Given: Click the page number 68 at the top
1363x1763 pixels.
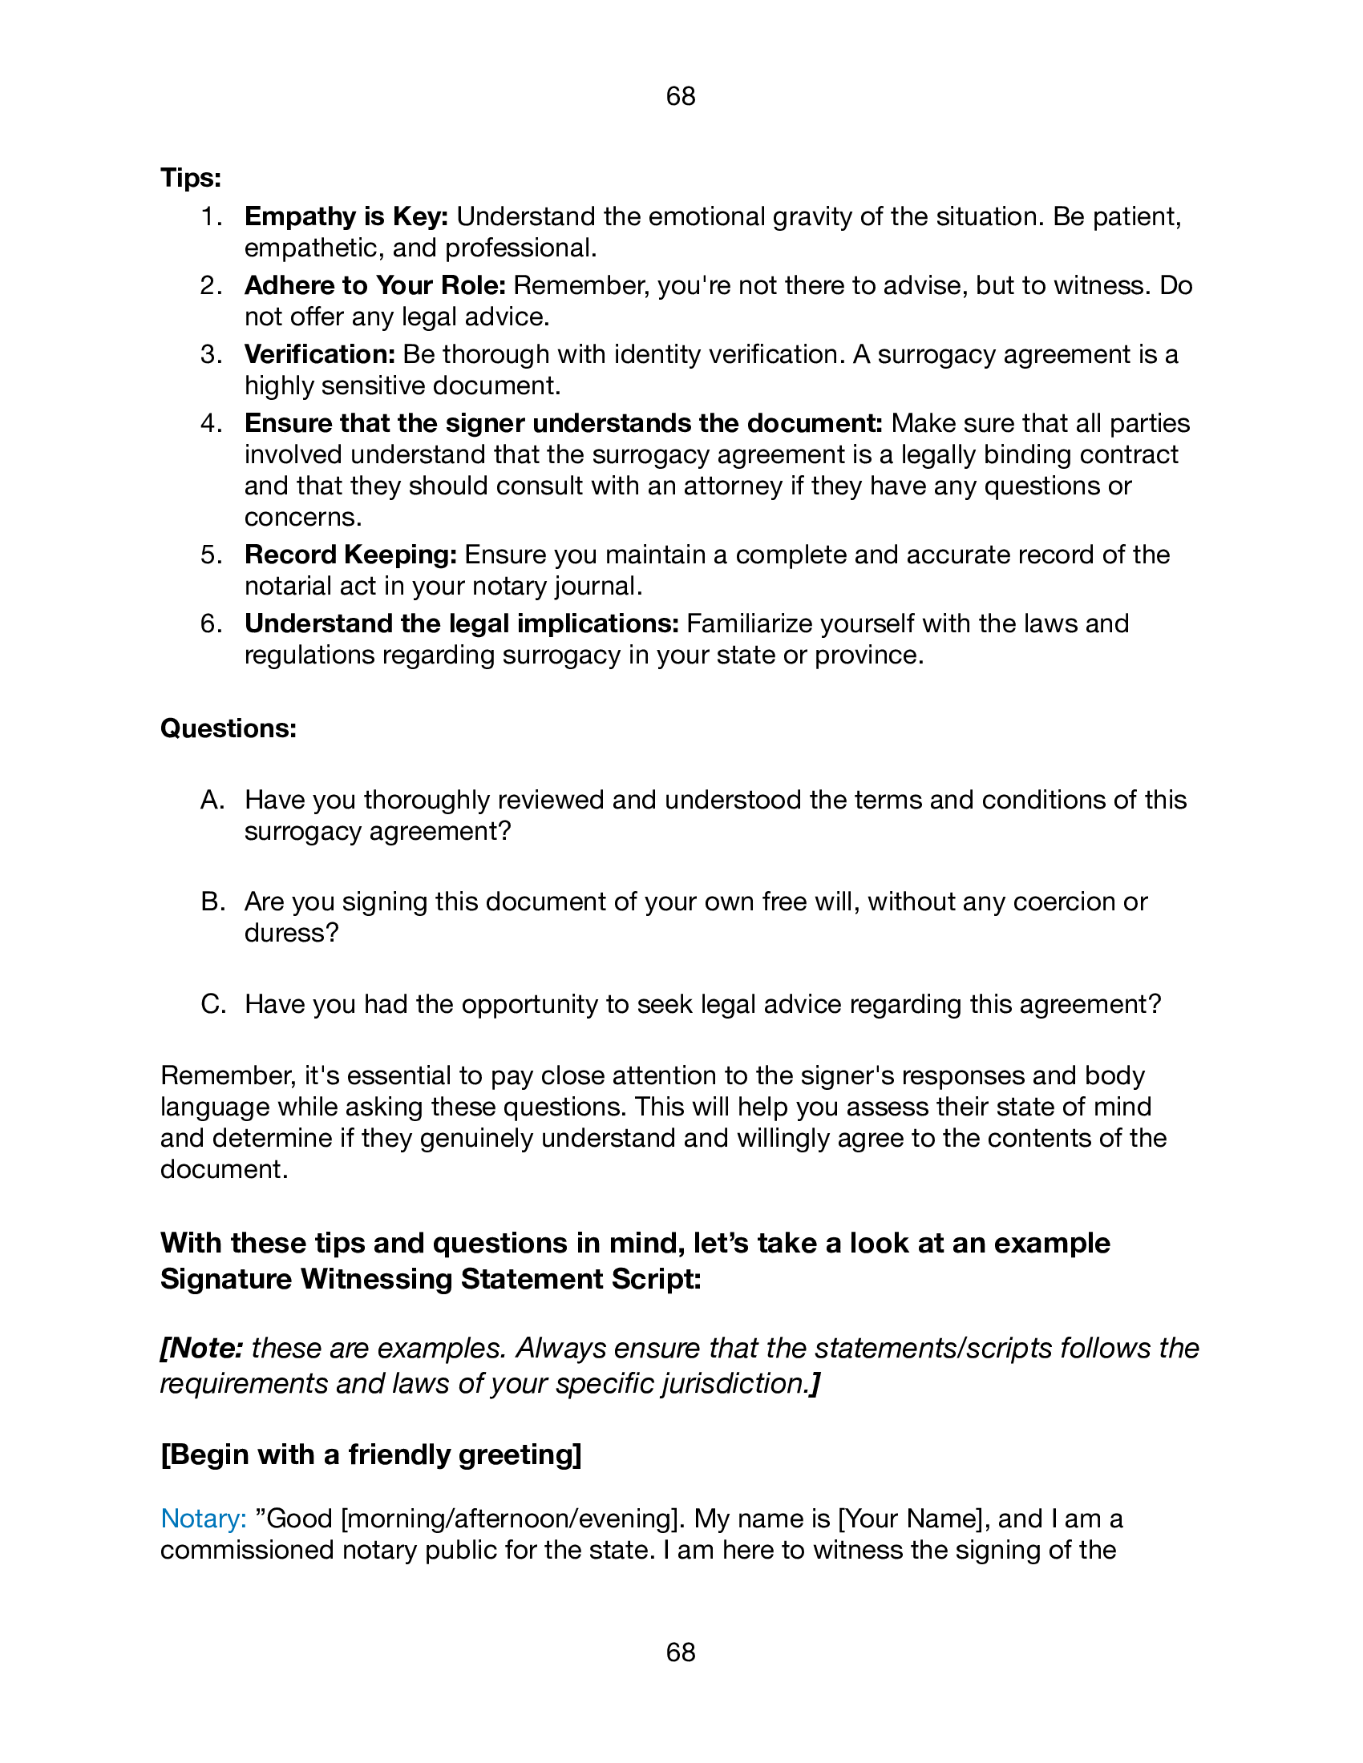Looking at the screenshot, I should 681,96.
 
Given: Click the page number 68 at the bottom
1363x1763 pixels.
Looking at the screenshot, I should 681,1652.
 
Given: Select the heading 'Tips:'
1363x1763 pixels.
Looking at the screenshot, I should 191,178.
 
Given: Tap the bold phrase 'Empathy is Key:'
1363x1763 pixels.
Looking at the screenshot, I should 346,216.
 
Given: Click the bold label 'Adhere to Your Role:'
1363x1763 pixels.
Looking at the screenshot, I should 375,286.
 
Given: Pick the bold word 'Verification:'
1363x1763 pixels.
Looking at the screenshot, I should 320,354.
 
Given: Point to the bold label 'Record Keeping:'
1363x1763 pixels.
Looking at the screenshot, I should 351,555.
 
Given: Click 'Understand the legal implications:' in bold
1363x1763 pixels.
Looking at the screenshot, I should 462,624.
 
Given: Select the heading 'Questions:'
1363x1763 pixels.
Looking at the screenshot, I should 229,729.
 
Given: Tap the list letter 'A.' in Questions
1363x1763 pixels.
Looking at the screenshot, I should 212,800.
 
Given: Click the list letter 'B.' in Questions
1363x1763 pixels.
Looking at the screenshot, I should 212,902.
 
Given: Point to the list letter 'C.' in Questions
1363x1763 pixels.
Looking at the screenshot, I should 213,1004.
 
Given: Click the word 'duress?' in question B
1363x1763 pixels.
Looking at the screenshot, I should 292,933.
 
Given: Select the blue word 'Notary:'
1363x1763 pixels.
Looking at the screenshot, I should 204,1519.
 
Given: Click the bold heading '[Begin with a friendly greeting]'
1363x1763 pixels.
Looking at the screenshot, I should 370,1454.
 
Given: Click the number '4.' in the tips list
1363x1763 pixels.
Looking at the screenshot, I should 212,424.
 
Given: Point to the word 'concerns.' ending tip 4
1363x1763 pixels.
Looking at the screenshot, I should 303,517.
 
